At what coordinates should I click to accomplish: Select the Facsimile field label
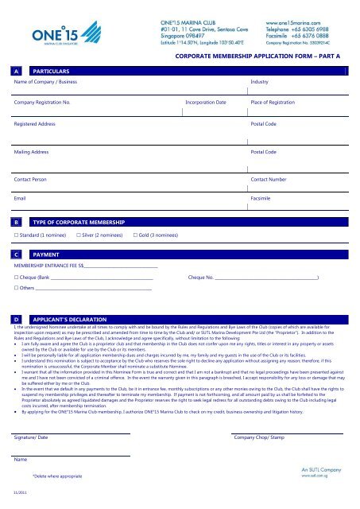coord(262,196)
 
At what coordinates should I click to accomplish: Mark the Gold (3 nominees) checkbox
coord(136,236)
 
